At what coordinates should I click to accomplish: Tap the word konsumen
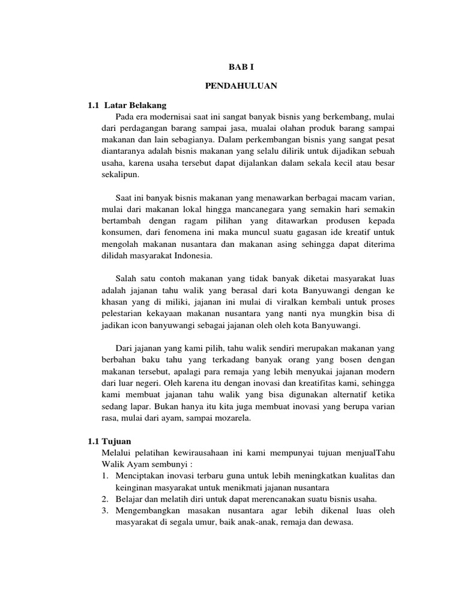point(120,232)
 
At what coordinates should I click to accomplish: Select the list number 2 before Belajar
point(104,499)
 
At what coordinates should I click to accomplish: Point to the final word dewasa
point(339,523)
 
